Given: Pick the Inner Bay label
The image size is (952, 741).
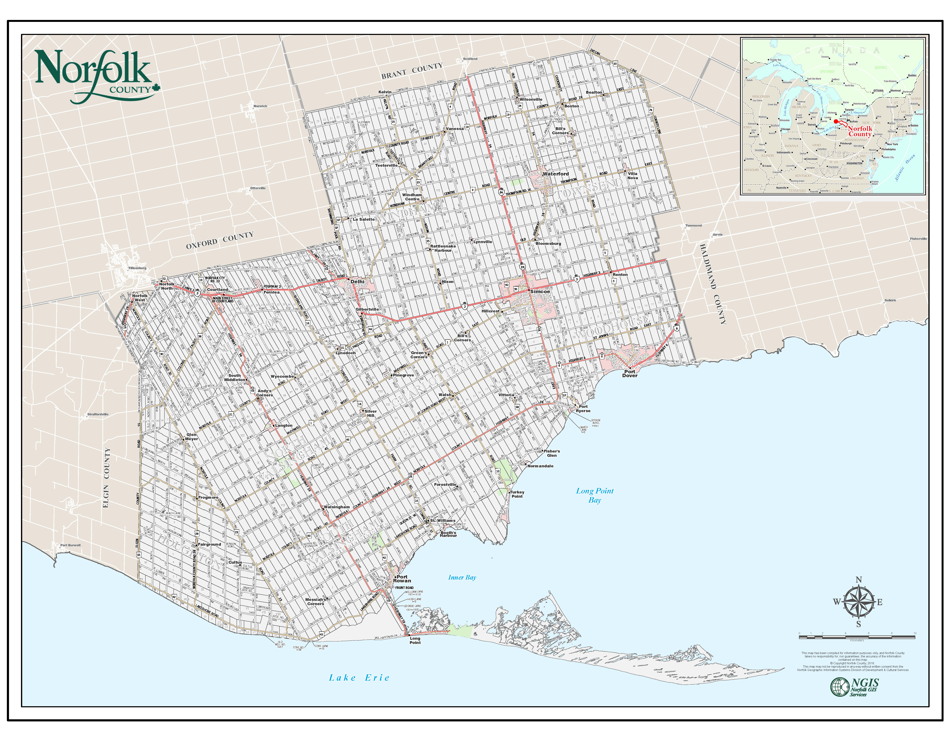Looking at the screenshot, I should tap(462, 577).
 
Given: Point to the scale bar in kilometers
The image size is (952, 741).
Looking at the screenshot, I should tap(857, 637).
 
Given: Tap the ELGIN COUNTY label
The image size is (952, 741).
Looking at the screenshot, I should tap(106, 478).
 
